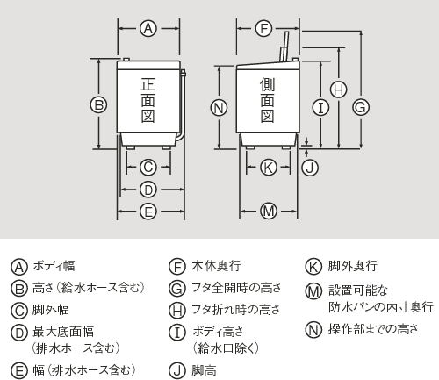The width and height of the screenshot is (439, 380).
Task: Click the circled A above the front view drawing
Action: pos(148,28)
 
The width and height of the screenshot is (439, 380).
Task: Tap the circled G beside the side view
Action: pos(359,106)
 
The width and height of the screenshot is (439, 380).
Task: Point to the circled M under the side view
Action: pos(269,210)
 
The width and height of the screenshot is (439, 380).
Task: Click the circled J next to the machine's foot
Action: pos(308,166)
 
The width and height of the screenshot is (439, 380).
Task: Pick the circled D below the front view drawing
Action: pos(148,188)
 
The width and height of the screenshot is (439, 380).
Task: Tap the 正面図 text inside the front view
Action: pos(148,101)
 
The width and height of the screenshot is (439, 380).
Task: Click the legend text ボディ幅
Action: pos(54,265)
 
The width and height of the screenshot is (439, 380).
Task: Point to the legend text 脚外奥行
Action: pos(352,265)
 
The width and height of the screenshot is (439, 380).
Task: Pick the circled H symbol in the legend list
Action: pos(176,309)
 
